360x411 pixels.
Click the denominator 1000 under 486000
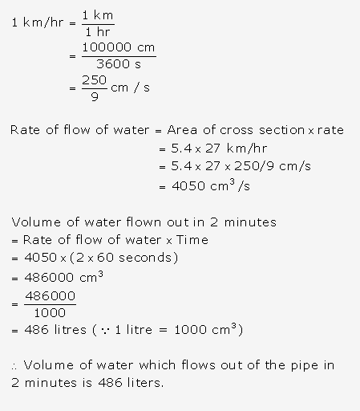[50, 313]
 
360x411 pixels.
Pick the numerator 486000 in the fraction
[50, 296]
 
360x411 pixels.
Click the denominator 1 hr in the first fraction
[97, 31]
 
